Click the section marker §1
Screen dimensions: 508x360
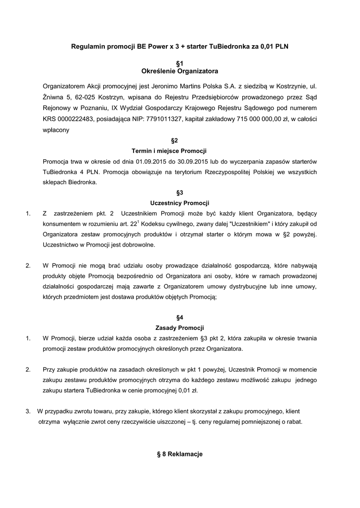pyautogui.click(x=180, y=63)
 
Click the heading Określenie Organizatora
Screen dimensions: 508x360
pyautogui.click(x=180, y=72)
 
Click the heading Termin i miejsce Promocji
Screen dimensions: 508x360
pyautogui.click(x=169, y=151)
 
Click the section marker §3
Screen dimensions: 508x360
pyautogui.click(x=180, y=192)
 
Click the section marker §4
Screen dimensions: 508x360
pyautogui.click(x=180, y=317)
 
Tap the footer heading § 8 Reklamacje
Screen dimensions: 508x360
pyautogui.click(x=180, y=454)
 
